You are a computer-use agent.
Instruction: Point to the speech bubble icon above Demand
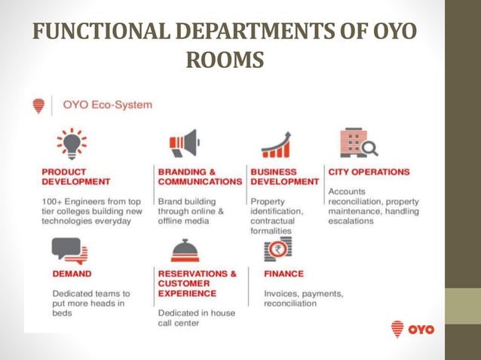click(x=70, y=250)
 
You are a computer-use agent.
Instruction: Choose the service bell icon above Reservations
click(x=185, y=251)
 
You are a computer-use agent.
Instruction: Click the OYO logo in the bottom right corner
click(x=412, y=329)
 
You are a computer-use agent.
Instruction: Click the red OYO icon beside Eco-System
click(x=39, y=106)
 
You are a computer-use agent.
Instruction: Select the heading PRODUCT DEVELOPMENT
click(x=75, y=176)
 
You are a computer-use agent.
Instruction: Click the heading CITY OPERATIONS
click(x=369, y=172)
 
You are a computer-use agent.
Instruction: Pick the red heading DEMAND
click(x=72, y=274)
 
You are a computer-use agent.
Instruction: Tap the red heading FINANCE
click(x=283, y=273)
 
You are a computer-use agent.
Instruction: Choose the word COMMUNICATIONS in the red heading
click(x=199, y=182)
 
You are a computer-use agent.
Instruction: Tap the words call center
click(x=179, y=323)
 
